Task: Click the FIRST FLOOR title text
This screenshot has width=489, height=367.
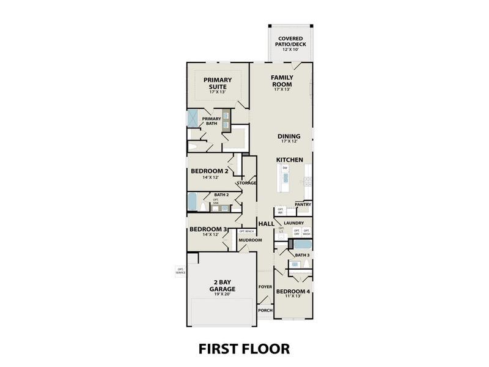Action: point(244,349)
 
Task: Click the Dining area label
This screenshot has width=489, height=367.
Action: point(289,138)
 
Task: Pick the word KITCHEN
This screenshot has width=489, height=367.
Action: point(289,160)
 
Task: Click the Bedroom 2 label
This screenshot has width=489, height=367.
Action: point(209,173)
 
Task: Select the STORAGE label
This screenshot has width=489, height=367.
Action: point(246,183)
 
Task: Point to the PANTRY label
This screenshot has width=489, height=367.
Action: point(303,205)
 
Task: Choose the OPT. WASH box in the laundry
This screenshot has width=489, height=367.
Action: point(306,232)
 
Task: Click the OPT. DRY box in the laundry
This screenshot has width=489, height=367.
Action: point(296,232)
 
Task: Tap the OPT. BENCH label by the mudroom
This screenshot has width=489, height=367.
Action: point(246,231)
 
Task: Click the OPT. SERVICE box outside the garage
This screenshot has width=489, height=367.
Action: point(180,271)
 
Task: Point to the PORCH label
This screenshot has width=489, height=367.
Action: point(265,310)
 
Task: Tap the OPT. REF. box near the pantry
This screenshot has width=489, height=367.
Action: point(281,211)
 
